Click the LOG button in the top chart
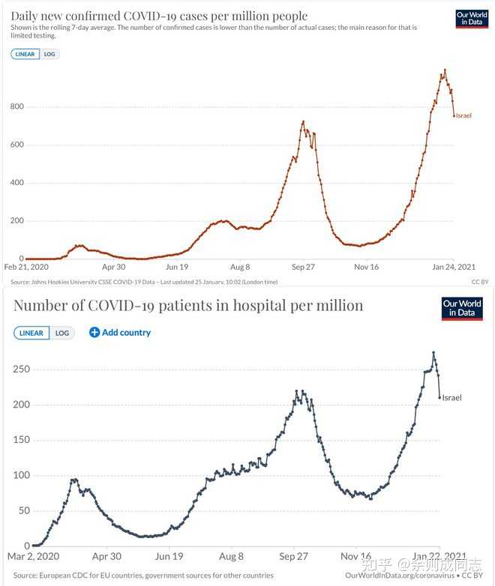(49, 54)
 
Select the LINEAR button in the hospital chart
(31, 333)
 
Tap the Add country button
(120, 333)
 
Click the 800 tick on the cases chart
(16, 107)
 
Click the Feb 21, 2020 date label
(26, 267)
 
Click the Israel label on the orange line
(463, 115)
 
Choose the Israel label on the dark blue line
(451, 397)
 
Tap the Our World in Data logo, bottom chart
(462, 309)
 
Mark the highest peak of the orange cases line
(445, 70)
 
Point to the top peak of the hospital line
(433, 352)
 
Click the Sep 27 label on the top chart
(303, 267)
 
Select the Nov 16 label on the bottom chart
(355, 556)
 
